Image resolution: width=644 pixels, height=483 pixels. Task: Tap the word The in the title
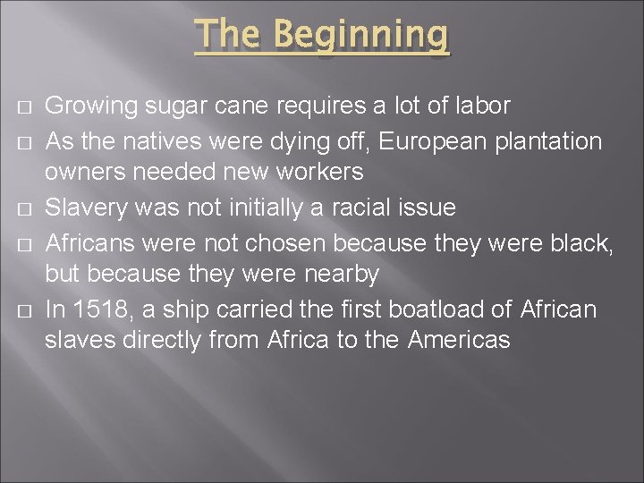229,36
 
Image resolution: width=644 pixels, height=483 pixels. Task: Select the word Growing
85,106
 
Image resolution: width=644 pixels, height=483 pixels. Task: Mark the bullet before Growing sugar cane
21,107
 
